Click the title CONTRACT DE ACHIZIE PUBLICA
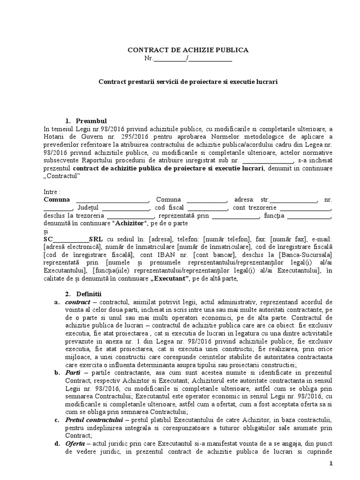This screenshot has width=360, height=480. (x=188, y=50)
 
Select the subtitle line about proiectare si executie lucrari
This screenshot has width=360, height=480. (x=188, y=81)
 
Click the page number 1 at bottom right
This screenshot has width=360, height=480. (x=330, y=464)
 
